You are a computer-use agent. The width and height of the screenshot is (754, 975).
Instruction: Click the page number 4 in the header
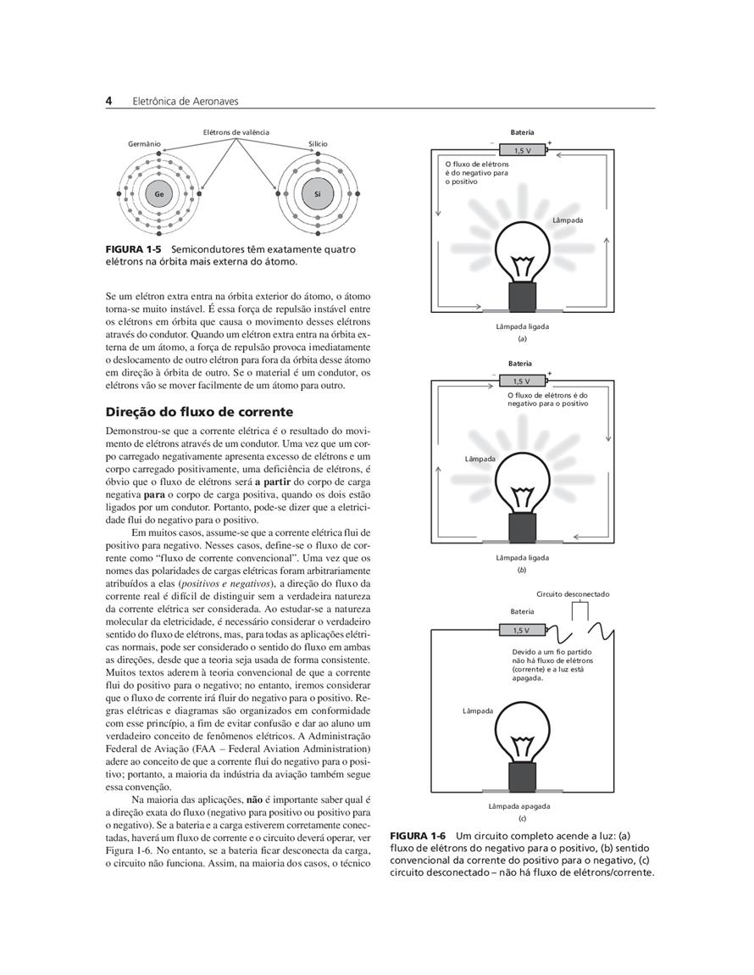[x=109, y=101]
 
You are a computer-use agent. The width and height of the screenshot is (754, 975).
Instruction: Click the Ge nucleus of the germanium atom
[x=158, y=194]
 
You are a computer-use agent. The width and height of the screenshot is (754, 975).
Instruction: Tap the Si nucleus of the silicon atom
[x=318, y=194]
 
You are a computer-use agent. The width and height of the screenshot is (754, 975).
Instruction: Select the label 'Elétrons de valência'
[x=236, y=132]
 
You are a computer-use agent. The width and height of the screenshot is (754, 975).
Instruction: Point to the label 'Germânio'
[x=144, y=144]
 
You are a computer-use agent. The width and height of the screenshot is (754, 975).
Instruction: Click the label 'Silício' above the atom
[x=318, y=144]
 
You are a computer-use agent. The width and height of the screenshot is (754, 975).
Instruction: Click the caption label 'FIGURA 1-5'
[x=133, y=250]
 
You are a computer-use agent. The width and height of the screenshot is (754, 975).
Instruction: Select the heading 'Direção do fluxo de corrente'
[x=199, y=412]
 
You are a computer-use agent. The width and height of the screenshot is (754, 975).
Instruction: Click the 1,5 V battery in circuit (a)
[x=523, y=150]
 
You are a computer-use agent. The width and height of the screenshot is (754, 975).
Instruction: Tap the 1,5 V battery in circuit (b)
[x=523, y=381]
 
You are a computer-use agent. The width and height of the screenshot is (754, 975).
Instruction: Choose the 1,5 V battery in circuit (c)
[x=521, y=630]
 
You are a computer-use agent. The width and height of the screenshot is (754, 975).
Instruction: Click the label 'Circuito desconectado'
[x=573, y=594]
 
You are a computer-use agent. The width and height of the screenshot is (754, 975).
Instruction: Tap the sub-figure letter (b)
[x=523, y=571]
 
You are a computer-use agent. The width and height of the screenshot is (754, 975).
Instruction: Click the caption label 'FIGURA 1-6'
[x=419, y=836]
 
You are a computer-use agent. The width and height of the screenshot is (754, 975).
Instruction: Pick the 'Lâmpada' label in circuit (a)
[x=568, y=220]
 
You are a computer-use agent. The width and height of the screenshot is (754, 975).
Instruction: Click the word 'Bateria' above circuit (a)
[x=523, y=133]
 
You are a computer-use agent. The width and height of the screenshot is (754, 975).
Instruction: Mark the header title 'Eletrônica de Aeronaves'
[x=186, y=101]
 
